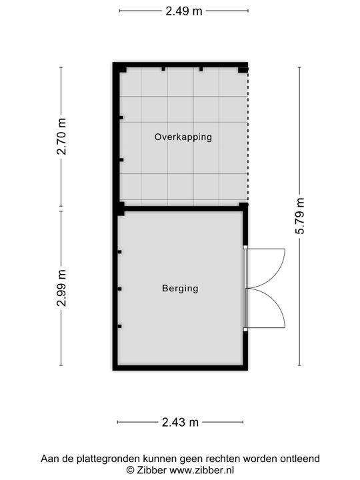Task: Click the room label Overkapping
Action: coord(183,137)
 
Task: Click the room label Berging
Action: coord(180,289)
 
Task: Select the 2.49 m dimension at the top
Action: coord(183,10)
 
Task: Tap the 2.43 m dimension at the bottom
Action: coord(180,422)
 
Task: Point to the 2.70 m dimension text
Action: coord(61,137)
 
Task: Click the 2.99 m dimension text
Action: coord(61,288)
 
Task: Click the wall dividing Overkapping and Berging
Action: coord(180,208)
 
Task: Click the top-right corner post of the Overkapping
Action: coord(243,69)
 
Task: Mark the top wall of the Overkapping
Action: coord(180,65)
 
